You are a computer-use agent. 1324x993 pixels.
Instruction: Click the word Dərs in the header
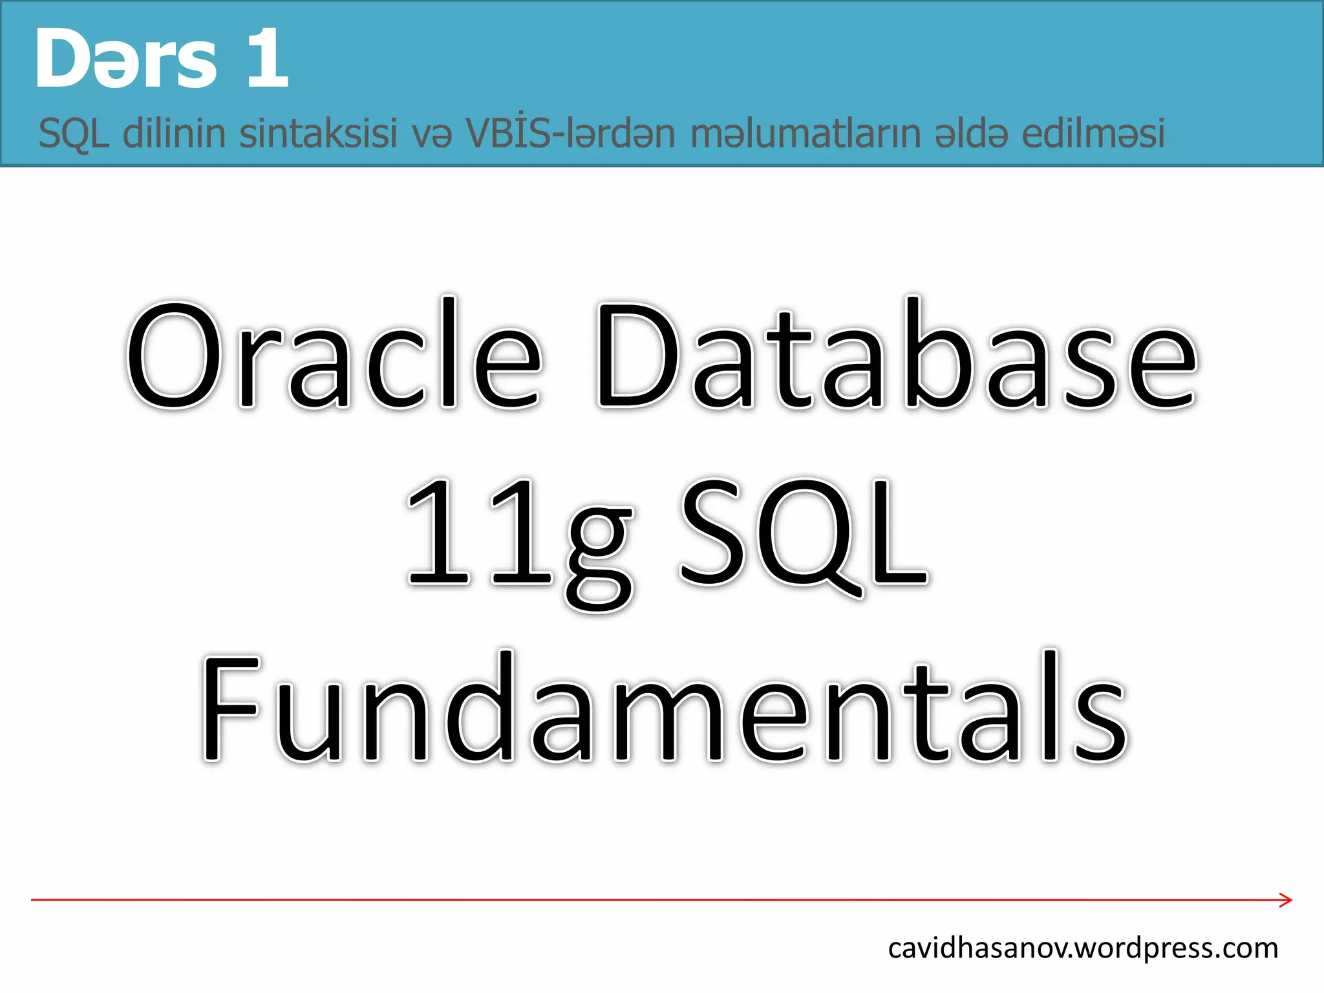point(125,59)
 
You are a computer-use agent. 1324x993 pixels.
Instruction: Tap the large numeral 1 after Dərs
point(267,59)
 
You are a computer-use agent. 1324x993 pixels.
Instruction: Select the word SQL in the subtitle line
point(74,134)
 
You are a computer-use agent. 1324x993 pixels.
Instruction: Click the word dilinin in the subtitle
point(174,133)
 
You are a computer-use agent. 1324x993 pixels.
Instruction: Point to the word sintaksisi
point(318,133)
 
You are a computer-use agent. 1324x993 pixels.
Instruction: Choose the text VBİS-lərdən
point(571,133)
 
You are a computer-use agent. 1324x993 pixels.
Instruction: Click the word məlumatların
point(805,133)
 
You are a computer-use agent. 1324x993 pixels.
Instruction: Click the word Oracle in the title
point(334,355)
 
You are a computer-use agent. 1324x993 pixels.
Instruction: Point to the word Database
point(897,355)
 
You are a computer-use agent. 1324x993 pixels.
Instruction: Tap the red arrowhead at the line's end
point(1285,900)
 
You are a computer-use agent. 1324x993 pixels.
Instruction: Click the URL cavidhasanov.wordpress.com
point(1083,948)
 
